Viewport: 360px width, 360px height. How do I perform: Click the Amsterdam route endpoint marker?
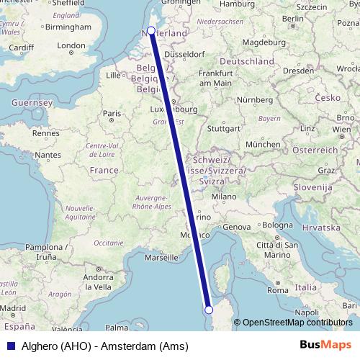(151, 30)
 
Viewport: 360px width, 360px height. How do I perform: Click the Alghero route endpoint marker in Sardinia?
(209, 310)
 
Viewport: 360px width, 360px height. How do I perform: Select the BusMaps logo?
(325, 346)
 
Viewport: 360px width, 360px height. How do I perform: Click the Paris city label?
(112, 113)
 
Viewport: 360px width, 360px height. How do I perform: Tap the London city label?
(72, 46)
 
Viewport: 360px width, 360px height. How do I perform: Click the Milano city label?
(223, 196)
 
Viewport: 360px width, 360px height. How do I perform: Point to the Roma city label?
(277, 291)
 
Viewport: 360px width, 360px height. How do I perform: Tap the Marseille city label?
(161, 256)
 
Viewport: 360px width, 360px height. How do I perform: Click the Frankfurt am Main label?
(216, 78)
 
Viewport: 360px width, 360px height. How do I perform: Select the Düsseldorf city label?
(186, 53)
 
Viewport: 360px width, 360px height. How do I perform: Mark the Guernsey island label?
(31, 103)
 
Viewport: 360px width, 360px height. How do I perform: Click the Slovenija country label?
(310, 187)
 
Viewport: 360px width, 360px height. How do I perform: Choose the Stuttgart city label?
(222, 130)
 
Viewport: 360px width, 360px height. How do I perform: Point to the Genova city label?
(239, 227)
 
